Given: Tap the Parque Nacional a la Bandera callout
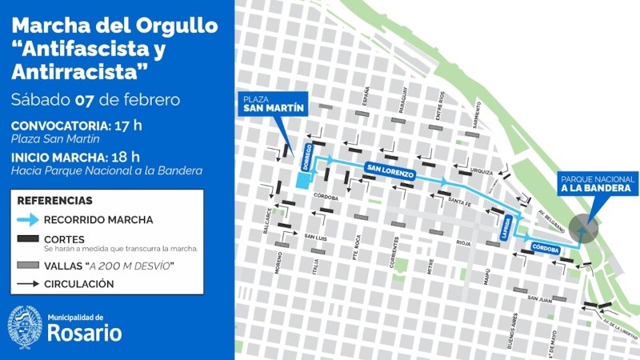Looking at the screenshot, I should pyautogui.click(x=598, y=184).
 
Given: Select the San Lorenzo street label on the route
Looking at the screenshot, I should pyautogui.click(x=390, y=172).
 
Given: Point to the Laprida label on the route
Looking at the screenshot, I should pyautogui.click(x=506, y=226).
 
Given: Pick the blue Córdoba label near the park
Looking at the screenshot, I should pyautogui.click(x=545, y=249).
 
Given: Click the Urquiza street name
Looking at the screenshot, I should pyautogui.click(x=482, y=170).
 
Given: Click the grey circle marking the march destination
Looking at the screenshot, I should pyautogui.click(x=584, y=229).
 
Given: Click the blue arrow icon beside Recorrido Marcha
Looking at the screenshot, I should pyautogui.click(x=28, y=219).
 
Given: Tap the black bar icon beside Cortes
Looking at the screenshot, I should pyautogui.click(x=28, y=238).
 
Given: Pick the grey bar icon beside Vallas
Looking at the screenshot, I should pyautogui.click(x=28, y=265).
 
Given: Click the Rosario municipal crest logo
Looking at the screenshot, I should pyautogui.click(x=25, y=327).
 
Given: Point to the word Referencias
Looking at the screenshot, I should pyautogui.click(x=54, y=201).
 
